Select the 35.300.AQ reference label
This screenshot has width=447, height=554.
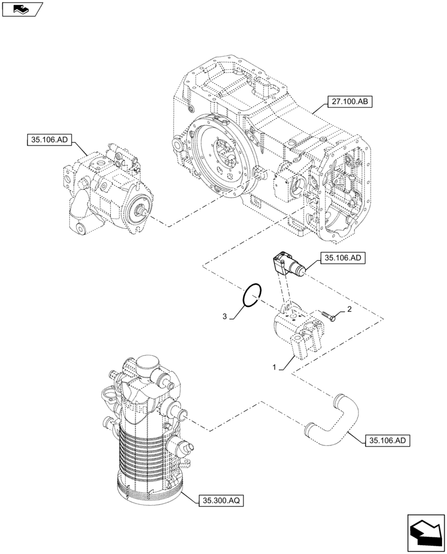pyautogui.click(x=221, y=500)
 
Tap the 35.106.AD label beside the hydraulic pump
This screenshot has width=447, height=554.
pyautogui.click(x=46, y=141)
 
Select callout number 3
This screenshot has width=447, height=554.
pyautogui.click(x=225, y=316)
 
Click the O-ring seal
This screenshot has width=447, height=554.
pyautogui.click(x=252, y=294)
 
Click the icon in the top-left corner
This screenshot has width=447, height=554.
pyautogui.click(x=22, y=9)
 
